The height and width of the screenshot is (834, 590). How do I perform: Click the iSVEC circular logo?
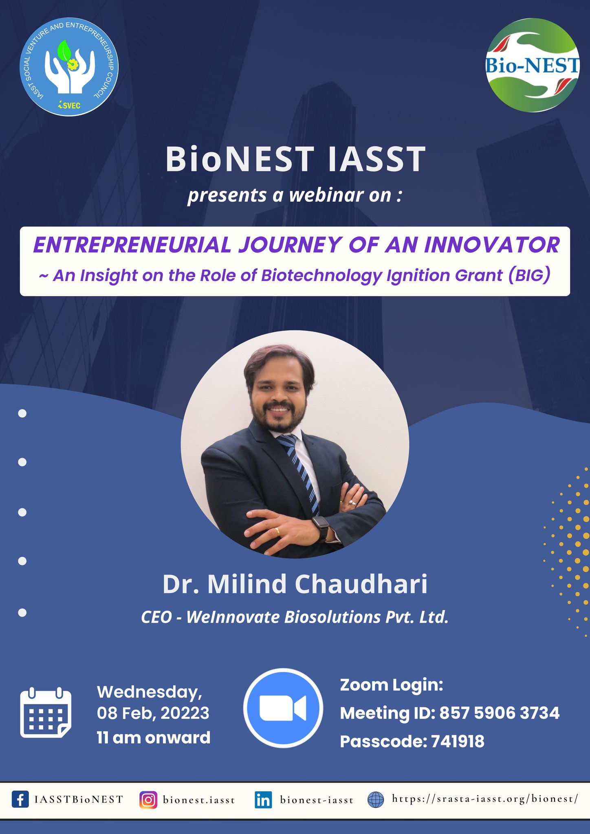click(x=69, y=67)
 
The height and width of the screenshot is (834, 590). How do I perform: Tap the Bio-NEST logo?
click(x=533, y=65)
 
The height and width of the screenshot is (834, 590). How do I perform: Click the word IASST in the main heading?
click(x=377, y=159)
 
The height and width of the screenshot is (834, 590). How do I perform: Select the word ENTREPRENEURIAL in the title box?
click(x=132, y=245)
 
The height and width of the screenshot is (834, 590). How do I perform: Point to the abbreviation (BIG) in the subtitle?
click(x=529, y=275)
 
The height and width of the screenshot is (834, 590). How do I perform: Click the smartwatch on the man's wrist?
click(x=321, y=528)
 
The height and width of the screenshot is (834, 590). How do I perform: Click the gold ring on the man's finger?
click(x=277, y=530)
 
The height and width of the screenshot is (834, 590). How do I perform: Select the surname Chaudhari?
click(x=361, y=584)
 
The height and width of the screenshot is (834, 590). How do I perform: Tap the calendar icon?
click(x=46, y=713)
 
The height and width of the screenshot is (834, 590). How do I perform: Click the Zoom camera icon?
click(x=283, y=708)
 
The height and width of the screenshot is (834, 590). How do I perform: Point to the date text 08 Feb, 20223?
click(x=153, y=713)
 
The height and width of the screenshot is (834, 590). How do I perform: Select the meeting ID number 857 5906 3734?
click(x=500, y=713)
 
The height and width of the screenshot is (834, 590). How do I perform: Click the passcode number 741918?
click(x=458, y=742)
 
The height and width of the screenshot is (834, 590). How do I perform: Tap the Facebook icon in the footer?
click(x=20, y=799)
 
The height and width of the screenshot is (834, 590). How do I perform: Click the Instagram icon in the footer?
click(x=148, y=800)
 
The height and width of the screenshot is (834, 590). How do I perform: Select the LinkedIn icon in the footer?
click(x=263, y=800)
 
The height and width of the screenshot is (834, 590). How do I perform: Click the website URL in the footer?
click(x=485, y=799)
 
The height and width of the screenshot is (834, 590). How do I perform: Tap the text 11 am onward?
click(x=154, y=738)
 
